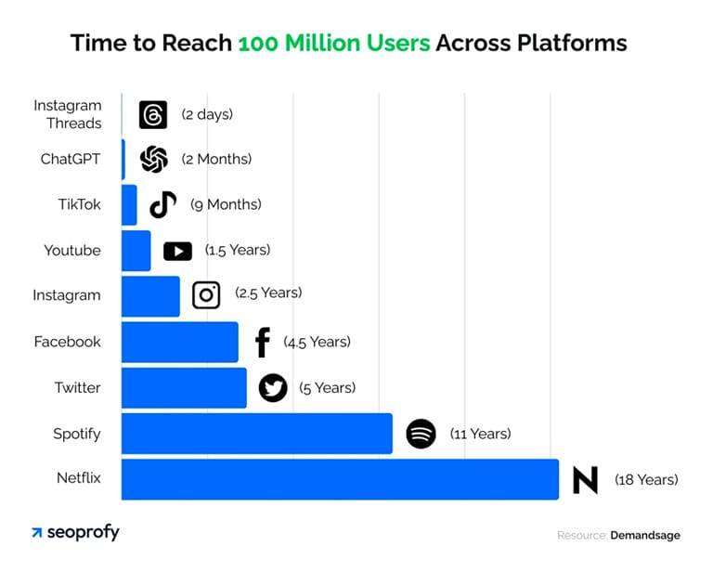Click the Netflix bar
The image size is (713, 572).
coord(340,479)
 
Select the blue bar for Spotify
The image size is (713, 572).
coord(256,434)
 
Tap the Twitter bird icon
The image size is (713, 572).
coord(273,387)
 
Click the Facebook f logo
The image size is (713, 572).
coord(263,342)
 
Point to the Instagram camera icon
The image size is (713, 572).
coord(206,295)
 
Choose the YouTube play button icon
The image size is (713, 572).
coord(177,251)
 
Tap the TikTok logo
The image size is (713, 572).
coord(163,204)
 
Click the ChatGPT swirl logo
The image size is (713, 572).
coord(153,159)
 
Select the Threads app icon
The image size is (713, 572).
coord(152,114)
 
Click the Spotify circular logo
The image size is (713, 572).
coord(421,434)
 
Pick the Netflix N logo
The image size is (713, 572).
coord(585,480)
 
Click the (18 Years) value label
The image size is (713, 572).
coord(646,480)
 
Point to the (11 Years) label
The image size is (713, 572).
coord(480,434)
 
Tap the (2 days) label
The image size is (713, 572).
coord(207,114)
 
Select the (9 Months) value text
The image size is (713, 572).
coord(226,204)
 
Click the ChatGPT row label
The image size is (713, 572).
coord(71,159)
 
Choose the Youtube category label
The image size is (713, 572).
coord(72,250)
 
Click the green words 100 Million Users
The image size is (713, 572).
coord(334,43)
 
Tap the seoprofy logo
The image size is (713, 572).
coord(75,533)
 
